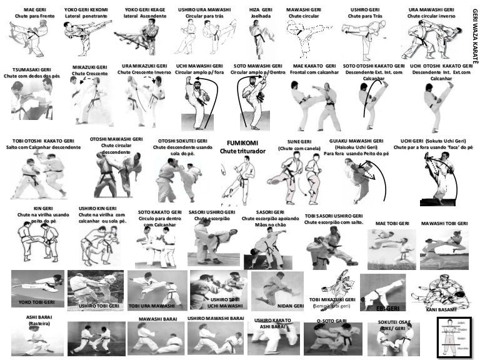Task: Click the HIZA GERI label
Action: pos(260,10)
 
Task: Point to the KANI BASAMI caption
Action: pos(441,309)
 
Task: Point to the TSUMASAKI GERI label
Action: pos(27,69)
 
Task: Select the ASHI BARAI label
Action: pos(38,317)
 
